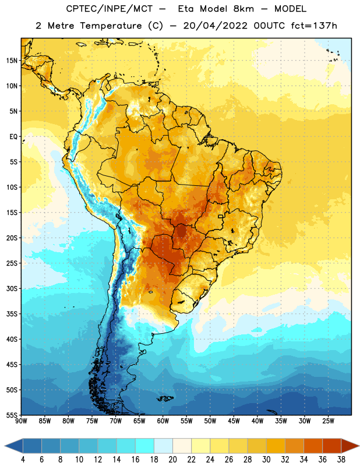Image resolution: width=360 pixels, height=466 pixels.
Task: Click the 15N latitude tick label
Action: [12, 61]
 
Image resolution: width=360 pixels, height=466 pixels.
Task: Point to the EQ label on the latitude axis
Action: [13, 137]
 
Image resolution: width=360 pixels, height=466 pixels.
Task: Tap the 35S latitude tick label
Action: [12, 314]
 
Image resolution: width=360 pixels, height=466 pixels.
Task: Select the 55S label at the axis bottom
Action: [12, 415]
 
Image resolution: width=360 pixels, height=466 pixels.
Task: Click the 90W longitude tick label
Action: [21, 421]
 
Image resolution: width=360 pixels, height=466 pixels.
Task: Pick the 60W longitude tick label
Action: [163, 421]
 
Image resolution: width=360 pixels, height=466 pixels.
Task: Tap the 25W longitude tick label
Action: [328, 421]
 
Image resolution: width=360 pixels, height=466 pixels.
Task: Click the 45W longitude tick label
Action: [234, 421]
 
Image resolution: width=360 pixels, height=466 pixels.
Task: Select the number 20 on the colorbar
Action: [172, 460]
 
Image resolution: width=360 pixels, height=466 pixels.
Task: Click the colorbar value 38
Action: [341, 460]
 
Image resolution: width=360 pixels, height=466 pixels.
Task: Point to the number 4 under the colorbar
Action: [23, 460]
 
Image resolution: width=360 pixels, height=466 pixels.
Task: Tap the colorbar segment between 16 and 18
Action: [145, 446]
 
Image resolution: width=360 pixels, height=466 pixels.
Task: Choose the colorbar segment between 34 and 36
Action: [313, 446]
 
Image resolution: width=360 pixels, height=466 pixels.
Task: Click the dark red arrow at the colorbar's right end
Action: [350, 446]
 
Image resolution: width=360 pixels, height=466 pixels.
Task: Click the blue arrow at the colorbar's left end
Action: [14, 446]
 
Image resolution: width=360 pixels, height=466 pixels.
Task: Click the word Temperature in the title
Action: [111, 26]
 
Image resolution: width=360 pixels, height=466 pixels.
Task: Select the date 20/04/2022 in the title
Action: [215, 26]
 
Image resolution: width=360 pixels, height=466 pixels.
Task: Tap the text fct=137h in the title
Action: [314, 26]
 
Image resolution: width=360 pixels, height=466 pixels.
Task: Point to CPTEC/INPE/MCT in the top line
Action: [110, 9]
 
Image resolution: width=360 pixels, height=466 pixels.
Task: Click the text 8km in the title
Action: [243, 9]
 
